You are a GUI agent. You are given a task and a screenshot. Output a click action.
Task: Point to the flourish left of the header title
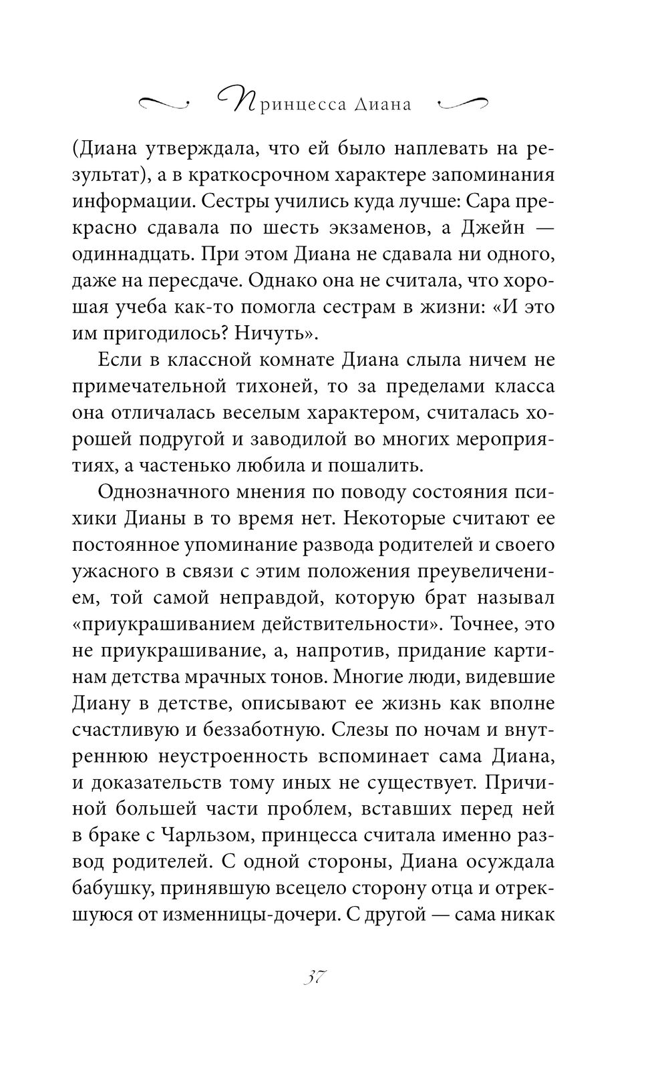click(x=163, y=103)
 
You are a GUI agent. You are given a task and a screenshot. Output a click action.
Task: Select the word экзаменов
click(x=381, y=228)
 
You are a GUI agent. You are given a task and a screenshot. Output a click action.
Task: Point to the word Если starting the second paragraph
click(x=120, y=360)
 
